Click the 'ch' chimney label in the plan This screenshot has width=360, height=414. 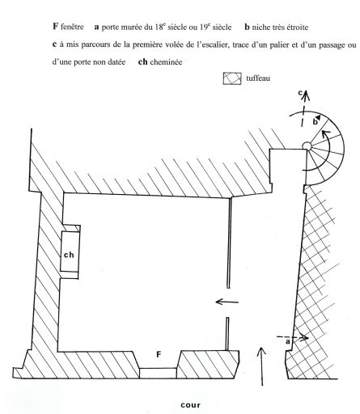pyautogui.click(x=69, y=255)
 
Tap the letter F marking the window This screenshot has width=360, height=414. pyautogui.click(x=159, y=355)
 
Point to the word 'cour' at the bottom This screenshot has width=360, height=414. pyautogui.click(x=191, y=405)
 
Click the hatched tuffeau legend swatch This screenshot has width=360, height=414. pyautogui.click(x=232, y=78)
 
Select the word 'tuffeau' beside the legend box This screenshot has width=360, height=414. pyautogui.click(x=258, y=78)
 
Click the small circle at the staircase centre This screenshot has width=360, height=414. pyautogui.click(x=307, y=146)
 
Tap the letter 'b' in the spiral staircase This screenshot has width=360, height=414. pyautogui.click(x=315, y=122)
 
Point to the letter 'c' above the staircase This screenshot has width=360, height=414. pyautogui.click(x=300, y=93)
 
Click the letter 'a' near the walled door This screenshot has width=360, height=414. pyautogui.click(x=288, y=342)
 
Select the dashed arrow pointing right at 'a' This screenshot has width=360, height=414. pyautogui.click(x=293, y=337)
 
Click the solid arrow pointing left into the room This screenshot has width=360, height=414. pyautogui.click(x=227, y=302)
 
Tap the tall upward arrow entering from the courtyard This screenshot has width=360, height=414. pyautogui.click(x=261, y=366)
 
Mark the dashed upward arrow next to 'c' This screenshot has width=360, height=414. pyautogui.click(x=304, y=108)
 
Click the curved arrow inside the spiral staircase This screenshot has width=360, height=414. pyautogui.click(x=328, y=151)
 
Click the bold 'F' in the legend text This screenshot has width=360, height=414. pyautogui.click(x=55, y=27)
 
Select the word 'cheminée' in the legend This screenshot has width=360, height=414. pyautogui.click(x=166, y=62)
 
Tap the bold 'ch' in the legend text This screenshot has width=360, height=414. pyautogui.click(x=142, y=61)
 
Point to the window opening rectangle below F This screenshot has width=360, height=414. pyautogui.click(x=158, y=374)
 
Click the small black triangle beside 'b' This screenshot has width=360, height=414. pyautogui.click(x=319, y=117)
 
